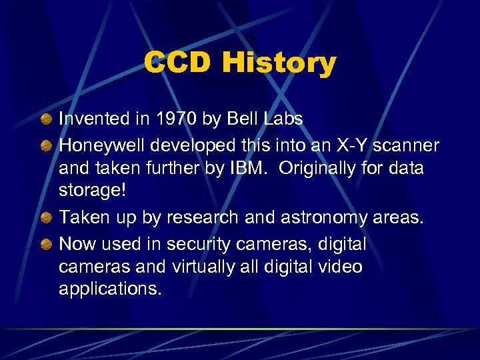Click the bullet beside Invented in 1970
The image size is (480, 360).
[45, 120]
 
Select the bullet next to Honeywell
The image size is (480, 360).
[45, 144]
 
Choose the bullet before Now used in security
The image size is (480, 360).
[45, 245]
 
